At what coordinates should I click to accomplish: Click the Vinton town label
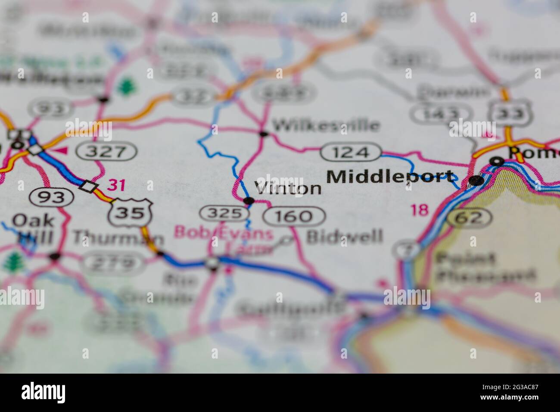(288, 188)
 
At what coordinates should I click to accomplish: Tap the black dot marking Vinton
(249, 200)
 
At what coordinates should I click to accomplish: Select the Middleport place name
(390, 177)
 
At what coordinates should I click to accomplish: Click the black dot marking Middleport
(476, 181)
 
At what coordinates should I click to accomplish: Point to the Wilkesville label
(326, 126)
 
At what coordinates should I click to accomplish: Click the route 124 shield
(351, 152)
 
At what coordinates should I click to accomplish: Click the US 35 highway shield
(130, 213)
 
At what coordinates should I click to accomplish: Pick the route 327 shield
(106, 151)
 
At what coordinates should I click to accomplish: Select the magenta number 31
(116, 185)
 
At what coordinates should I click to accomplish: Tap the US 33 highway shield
(510, 112)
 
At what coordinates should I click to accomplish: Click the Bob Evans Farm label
(224, 240)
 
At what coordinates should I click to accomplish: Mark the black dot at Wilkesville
(263, 134)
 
